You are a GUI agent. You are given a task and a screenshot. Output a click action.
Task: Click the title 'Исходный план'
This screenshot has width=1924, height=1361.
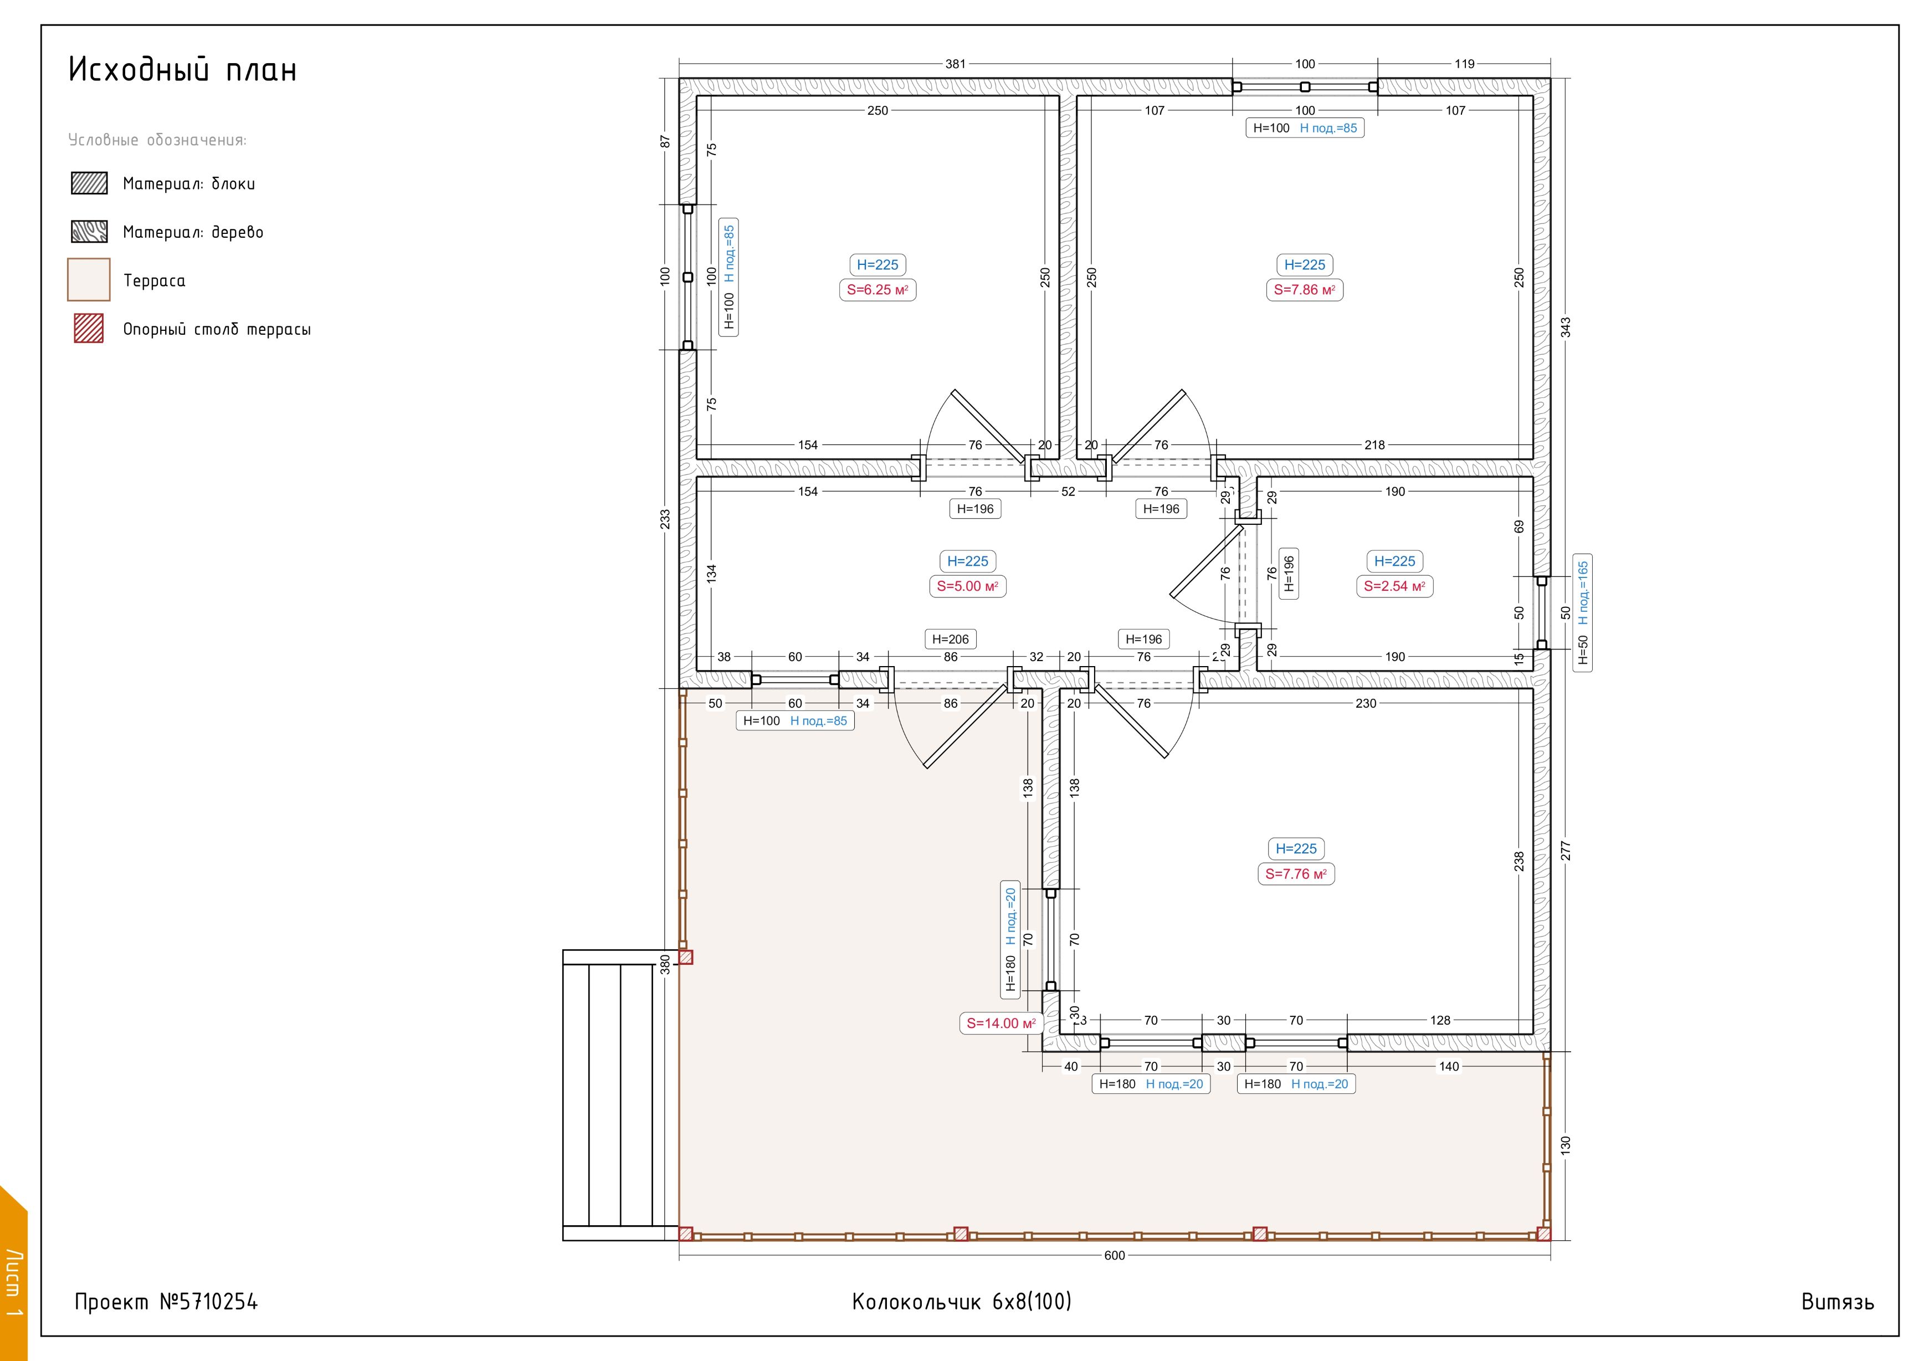pos(183,70)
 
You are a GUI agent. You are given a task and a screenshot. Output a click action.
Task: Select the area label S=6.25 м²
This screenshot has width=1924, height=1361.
pos(878,290)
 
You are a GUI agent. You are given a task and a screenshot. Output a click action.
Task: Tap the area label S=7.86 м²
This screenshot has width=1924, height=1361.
pos(1305,290)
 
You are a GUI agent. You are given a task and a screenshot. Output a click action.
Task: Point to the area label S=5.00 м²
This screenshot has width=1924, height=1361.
pos(967,587)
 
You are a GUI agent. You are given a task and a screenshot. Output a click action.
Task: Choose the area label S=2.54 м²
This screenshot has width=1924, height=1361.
pos(1394,587)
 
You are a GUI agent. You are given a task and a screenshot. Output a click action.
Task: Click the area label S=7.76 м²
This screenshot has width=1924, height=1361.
pos(1296,874)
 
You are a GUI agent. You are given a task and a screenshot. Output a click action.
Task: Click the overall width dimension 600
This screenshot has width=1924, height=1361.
pos(1115,1255)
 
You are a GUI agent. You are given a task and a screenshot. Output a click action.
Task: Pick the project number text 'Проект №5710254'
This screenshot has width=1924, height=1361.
pos(166,1302)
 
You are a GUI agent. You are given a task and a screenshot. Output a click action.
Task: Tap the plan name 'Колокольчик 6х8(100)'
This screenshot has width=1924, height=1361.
pos(962,1302)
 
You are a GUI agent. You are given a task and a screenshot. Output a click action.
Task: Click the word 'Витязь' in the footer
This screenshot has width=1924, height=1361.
pos(1838,1302)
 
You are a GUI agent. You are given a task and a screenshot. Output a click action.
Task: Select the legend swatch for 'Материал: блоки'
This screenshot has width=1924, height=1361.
pos(89,183)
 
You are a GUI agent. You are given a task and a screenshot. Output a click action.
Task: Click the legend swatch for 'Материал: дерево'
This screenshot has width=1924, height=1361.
pos(89,231)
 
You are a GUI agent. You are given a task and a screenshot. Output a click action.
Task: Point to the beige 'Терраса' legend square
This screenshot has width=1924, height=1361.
pos(89,280)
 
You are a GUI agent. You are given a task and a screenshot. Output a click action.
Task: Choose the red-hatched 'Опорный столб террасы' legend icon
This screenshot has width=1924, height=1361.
pos(89,329)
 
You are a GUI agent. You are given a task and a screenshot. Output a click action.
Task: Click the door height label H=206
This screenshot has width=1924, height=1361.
pos(950,639)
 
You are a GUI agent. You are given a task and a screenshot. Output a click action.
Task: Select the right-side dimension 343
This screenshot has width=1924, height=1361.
pos(1566,327)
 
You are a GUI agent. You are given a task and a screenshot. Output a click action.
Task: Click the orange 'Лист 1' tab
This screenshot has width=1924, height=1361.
pos(13,1274)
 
